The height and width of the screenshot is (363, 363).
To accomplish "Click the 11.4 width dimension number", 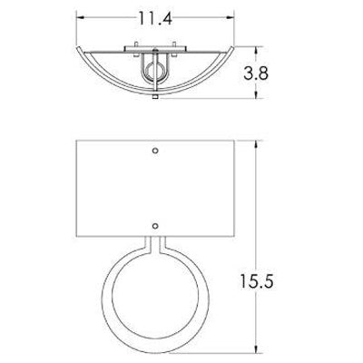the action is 155,18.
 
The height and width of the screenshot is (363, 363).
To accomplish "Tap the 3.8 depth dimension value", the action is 256,74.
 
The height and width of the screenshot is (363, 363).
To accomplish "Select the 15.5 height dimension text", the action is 257,281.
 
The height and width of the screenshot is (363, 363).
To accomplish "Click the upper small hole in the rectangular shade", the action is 155,151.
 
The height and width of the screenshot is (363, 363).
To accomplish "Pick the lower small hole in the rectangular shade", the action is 155,226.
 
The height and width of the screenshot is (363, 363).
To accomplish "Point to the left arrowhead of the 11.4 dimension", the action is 80,18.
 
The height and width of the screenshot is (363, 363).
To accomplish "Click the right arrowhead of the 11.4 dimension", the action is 231,18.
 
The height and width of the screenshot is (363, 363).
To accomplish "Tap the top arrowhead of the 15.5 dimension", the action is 257,144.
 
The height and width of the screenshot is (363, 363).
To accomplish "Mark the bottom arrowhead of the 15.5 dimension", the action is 257,348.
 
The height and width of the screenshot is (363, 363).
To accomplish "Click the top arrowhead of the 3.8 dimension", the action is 257,51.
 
